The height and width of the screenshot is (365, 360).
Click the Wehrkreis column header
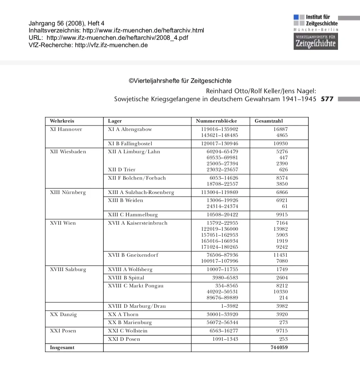62,121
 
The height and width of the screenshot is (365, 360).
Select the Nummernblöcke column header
216,121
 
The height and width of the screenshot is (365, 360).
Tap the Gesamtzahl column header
269,121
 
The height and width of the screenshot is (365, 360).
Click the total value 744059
279,348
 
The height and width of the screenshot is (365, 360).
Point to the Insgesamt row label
62,348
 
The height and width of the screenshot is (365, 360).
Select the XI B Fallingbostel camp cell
130,144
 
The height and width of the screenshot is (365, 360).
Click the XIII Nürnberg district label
68,193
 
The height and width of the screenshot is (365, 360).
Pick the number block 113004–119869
220,193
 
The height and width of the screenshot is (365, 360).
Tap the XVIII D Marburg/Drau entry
137,306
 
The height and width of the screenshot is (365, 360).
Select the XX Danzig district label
63,315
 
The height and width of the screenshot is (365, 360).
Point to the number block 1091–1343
225,339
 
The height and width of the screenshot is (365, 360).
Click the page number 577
327,99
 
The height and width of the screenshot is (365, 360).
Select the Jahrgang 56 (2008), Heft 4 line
67,23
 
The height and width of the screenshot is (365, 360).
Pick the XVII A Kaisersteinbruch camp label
138,223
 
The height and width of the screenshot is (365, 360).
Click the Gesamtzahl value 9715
282,331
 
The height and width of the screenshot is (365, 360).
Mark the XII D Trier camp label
122,170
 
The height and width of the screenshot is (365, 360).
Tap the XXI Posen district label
63,331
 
